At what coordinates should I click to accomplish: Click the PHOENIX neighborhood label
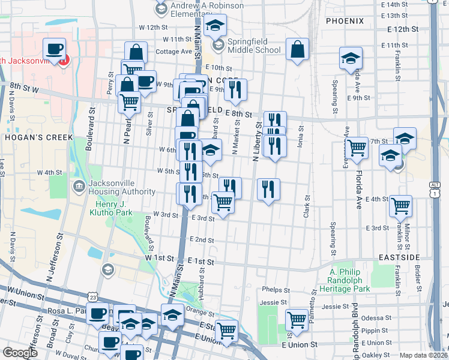pyautogui.click(x=345, y=21)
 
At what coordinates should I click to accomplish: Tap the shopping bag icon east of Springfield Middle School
pyautogui.click(x=297, y=50)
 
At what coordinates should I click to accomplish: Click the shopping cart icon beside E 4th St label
pyautogui.click(x=400, y=206)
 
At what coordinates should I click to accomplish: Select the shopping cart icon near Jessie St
pyautogui.click(x=296, y=320)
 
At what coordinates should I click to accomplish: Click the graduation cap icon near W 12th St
pyautogui.click(x=214, y=25)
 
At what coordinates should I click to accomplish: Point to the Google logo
pyautogui.click(x=20, y=353)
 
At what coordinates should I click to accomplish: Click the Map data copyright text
pyautogui.click(x=423, y=355)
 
